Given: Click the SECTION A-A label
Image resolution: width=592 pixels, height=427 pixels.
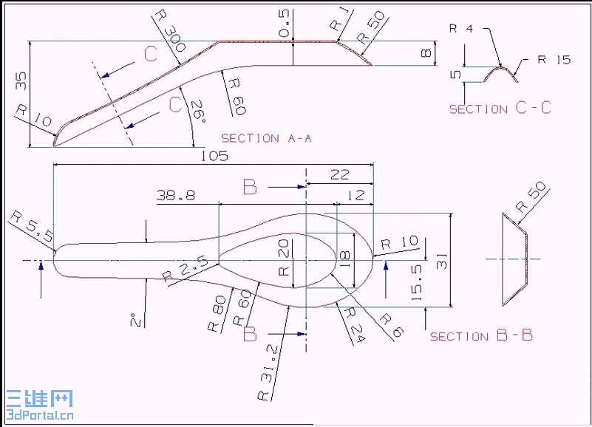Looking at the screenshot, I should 266,138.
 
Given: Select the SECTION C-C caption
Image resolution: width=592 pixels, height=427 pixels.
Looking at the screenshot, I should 500,109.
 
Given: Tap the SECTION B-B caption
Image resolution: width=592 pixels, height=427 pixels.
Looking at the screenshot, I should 481,336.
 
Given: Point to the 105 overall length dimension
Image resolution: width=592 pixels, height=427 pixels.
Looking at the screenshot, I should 214,156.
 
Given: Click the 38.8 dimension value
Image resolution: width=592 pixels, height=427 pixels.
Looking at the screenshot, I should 175,195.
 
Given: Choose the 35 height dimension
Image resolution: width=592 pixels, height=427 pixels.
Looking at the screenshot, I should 21,81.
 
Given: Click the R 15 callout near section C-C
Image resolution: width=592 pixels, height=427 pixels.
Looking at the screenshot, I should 554,60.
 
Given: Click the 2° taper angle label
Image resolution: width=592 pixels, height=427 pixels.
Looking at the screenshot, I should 135,319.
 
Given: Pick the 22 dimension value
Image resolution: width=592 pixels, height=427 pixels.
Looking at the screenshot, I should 339,174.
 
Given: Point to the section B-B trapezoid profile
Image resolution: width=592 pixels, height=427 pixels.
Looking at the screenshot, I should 515,259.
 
